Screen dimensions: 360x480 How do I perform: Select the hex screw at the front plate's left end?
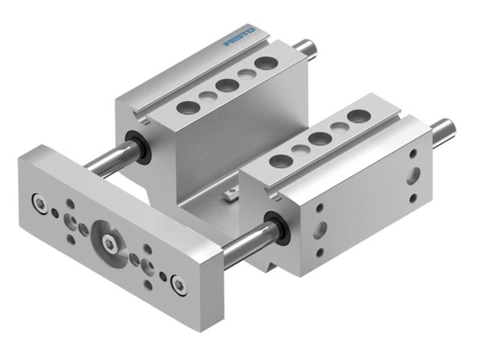point(40,205)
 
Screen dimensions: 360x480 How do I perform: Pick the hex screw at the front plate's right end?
point(178,284)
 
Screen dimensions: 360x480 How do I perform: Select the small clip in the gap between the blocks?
point(231,194)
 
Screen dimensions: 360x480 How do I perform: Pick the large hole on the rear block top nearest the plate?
point(188,108)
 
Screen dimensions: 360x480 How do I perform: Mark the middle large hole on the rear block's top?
point(227,85)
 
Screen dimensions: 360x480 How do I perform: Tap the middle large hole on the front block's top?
point(319,139)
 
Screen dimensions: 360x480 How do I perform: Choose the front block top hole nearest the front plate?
point(280,160)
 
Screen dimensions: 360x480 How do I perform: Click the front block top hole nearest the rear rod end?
point(358,116)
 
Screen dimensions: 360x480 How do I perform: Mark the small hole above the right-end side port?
point(413,154)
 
